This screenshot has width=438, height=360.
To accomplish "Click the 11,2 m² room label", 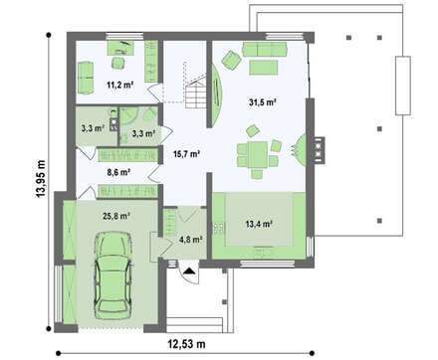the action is (x=119, y=85).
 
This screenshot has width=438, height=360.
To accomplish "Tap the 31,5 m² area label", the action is (x=263, y=102).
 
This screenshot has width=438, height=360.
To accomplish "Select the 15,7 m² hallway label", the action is (x=186, y=153).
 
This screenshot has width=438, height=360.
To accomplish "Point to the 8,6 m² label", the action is (x=118, y=172).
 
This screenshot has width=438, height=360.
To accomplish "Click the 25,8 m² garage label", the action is (x=116, y=216).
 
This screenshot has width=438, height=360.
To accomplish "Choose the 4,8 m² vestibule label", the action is (x=191, y=240).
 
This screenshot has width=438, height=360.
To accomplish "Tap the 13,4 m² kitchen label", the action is (x=259, y=224).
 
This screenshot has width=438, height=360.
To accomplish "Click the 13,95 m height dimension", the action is (x=41, y=178).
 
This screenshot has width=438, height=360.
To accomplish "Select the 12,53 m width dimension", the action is (x=186, y=344).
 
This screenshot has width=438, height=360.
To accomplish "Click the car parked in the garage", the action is (x=112, y=275).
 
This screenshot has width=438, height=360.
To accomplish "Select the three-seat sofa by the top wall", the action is (x=264, y=49).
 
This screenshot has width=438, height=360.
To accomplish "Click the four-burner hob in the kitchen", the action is (x=219, y=228).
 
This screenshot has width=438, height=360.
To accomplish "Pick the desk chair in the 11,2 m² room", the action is (x=117, y=63).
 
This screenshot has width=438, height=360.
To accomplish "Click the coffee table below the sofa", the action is (x=264, y=68).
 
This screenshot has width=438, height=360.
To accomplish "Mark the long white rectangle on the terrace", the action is (x=403, y=86).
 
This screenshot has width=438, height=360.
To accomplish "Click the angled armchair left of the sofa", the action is (x=231, y=61).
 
